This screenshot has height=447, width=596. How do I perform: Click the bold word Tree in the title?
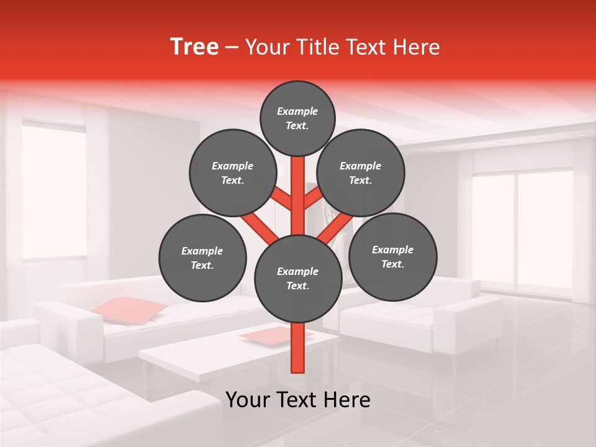click(x=194, y=47)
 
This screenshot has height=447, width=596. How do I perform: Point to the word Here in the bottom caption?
click(x=346, y=400)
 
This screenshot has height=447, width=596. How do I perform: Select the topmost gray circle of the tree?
click(x=297, y=118)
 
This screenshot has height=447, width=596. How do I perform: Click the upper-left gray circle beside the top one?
click(x=233, y=173)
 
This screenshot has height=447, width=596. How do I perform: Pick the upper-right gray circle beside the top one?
click(x=361, y=173)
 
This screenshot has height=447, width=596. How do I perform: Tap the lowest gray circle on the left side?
click(x=202, y=258)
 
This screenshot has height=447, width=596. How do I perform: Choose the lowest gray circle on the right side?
click(x=392, y=256)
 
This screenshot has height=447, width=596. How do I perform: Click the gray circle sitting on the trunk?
click(x=298, y=278)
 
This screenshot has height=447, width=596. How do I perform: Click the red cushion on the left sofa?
click(x=130, y=309)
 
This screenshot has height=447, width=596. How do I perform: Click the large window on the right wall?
click(x=528, y=230)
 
